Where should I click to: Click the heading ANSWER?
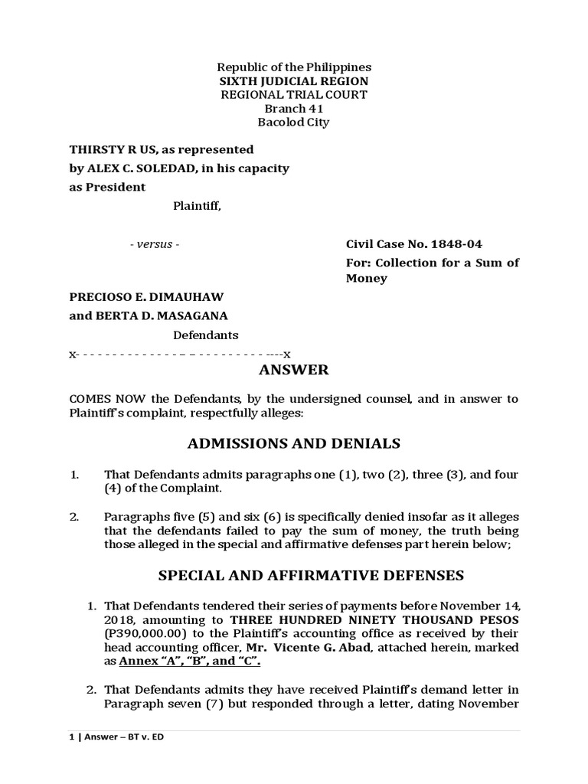point(295,371)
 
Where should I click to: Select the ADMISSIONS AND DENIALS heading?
point(295,443)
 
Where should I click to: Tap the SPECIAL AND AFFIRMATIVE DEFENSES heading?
point(295,575)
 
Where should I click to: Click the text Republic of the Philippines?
point(295,67)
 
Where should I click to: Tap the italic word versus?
point(155,245)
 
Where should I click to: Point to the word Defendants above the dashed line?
point(205,335)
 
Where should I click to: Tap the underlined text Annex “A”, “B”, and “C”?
point(194,661)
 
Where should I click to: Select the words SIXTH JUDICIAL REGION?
point(295,81)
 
